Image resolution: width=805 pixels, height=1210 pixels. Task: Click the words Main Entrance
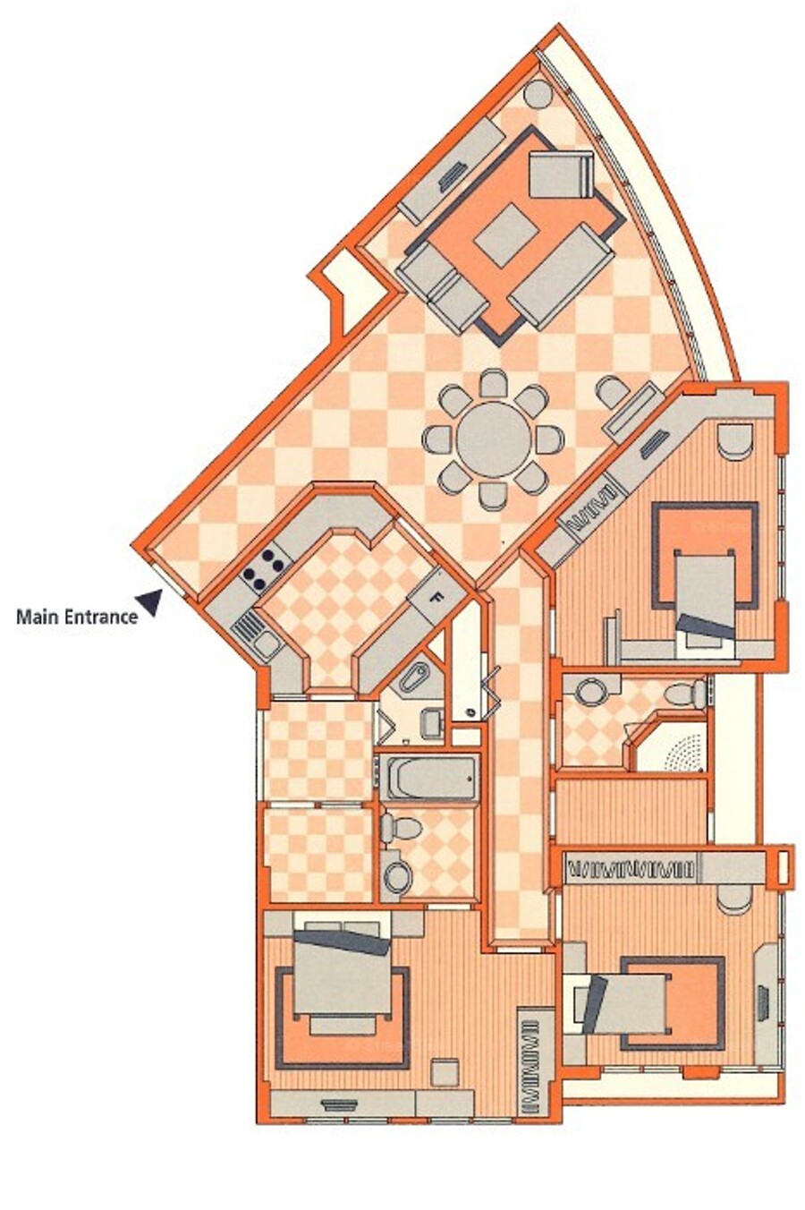(x=77, y=617)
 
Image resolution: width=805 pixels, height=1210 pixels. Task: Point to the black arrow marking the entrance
(x=152, y=602)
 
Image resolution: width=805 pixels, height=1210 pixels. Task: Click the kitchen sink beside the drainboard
(x=265, y=643)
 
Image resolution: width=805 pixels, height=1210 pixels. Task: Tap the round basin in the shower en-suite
(x=589, y=692)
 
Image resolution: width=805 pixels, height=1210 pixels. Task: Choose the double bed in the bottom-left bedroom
(x=341, y=974)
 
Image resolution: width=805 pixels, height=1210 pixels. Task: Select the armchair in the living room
(x=562, y=178)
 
